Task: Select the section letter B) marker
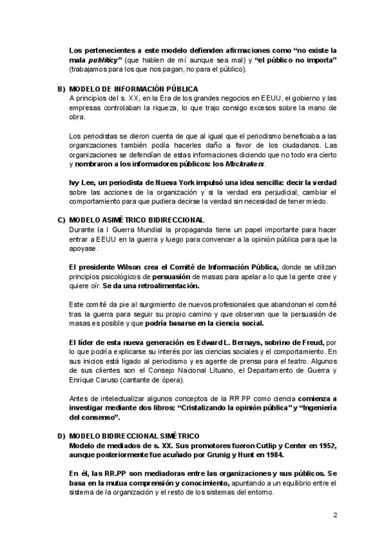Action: pos(61,88)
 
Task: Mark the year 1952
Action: pos(323,445)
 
